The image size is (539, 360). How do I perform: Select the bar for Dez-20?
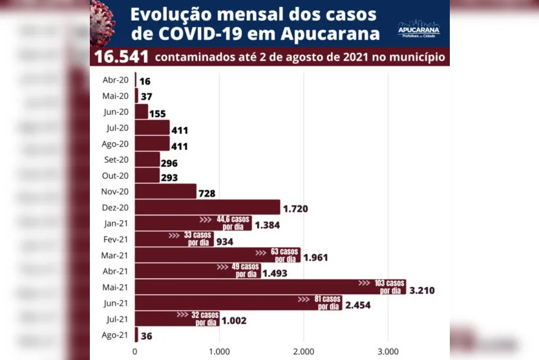click(x=207, y=207)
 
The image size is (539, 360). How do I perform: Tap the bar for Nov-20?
click(x=165, y=191)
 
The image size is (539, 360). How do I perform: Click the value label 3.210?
click(x=421, y=290)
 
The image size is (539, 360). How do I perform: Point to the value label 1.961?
click(x=315, y=258)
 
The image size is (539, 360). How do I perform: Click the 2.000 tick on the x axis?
click(x=303, y=352)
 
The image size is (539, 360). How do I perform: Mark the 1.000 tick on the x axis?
click(x=219, y=352)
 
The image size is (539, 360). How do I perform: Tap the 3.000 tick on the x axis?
click(x=388, y=352)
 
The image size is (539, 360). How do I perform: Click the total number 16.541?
click(x=122, y=57)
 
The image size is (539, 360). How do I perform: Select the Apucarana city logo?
click(x=418, y=28)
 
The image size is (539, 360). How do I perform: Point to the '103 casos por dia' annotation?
click(x=390, y=286)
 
